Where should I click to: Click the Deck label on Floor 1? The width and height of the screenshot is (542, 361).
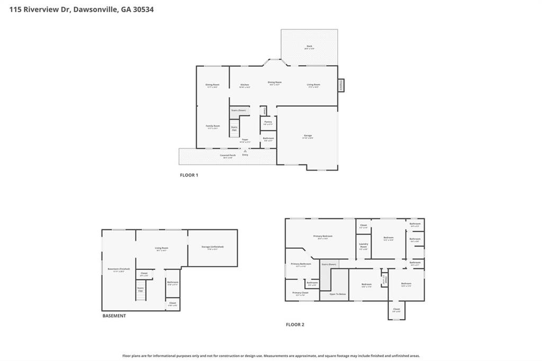click(x=309, y=47)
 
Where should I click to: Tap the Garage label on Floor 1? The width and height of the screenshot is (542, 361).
click(x=308, y=136)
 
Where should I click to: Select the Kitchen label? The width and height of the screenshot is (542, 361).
click(x=245, y=85)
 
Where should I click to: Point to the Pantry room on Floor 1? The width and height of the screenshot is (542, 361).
click(x=268, y=122)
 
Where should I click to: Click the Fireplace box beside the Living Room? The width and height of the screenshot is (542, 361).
click(x=341, y=85)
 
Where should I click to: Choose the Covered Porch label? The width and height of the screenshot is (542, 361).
click(x=228, y=156)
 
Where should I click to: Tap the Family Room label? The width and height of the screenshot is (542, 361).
click(x=213, y=127)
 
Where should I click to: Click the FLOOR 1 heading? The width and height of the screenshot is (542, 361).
click(x=189, y=175)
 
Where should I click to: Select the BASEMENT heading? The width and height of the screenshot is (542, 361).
click(x=114, y=316)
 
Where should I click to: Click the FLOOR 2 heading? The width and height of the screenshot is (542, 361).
click(x=295, y=324)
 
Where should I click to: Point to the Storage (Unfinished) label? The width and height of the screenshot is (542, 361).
click(x=213, y=247)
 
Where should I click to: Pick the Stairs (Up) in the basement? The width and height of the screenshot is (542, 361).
click(x=141, y=291)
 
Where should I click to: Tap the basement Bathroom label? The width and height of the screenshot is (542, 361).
click(x=173, y=283)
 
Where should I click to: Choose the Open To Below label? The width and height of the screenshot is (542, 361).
click(x=338, y=294)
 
